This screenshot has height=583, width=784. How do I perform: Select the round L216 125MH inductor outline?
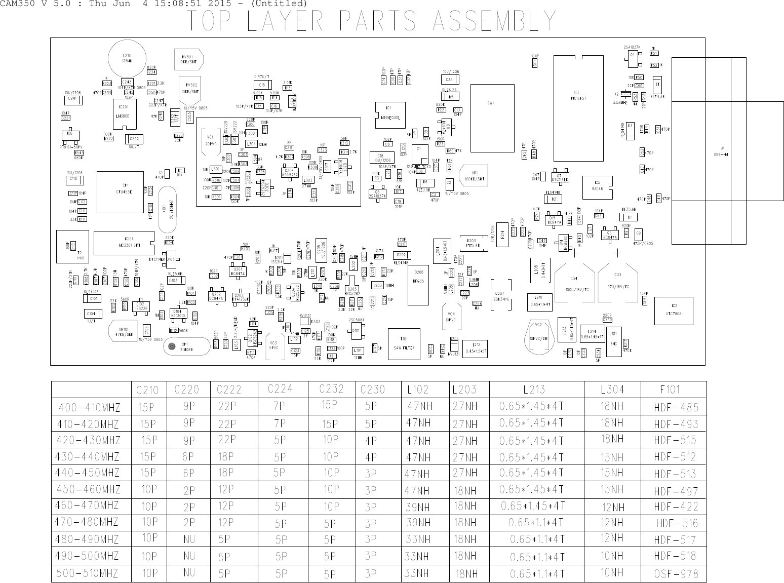[127, 58]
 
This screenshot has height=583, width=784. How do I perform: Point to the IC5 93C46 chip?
[597, 187]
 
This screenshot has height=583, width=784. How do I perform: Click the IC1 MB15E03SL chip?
[389, 114]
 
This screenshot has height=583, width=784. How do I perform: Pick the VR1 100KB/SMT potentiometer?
[474, 176]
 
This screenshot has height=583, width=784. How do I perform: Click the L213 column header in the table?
[534, 390]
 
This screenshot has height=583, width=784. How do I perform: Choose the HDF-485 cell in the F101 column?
[676, 407]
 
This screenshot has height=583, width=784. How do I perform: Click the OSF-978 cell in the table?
[676, 573]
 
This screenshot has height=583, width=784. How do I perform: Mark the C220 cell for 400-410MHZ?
[188, 406]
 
